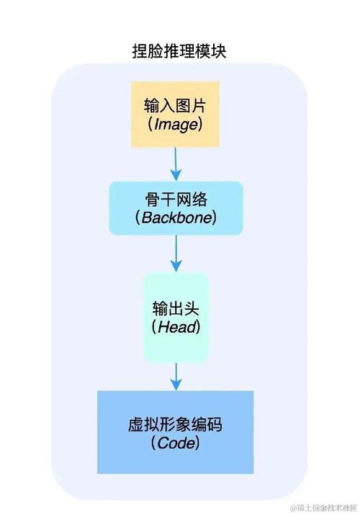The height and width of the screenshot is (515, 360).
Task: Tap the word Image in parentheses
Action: click(175, 124)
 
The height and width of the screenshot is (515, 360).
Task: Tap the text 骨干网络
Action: click(176, 198)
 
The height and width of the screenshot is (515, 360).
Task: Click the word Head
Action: click(176, 326)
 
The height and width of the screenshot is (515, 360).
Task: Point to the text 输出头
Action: click(176, 308)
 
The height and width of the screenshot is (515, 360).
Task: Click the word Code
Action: click(176, 444)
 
